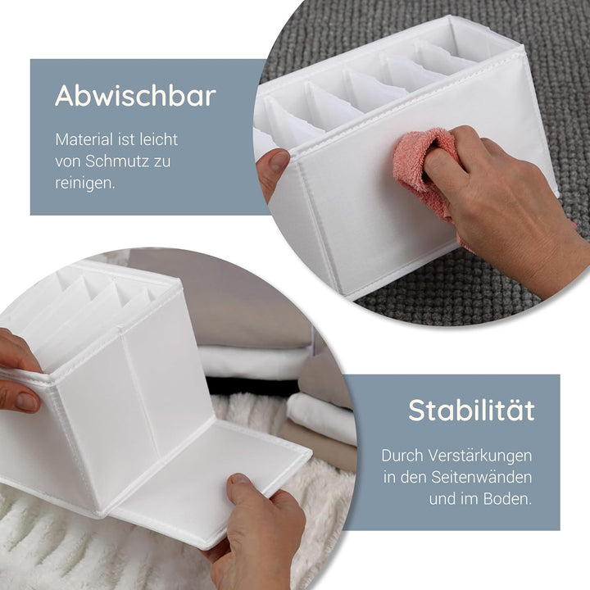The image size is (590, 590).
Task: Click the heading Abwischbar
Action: (135, 96)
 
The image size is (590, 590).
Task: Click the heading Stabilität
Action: (471, 410)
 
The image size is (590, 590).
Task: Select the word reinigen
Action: (84, 183)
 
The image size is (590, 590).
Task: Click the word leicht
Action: (158, 140)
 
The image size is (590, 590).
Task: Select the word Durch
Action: (400, 454)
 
